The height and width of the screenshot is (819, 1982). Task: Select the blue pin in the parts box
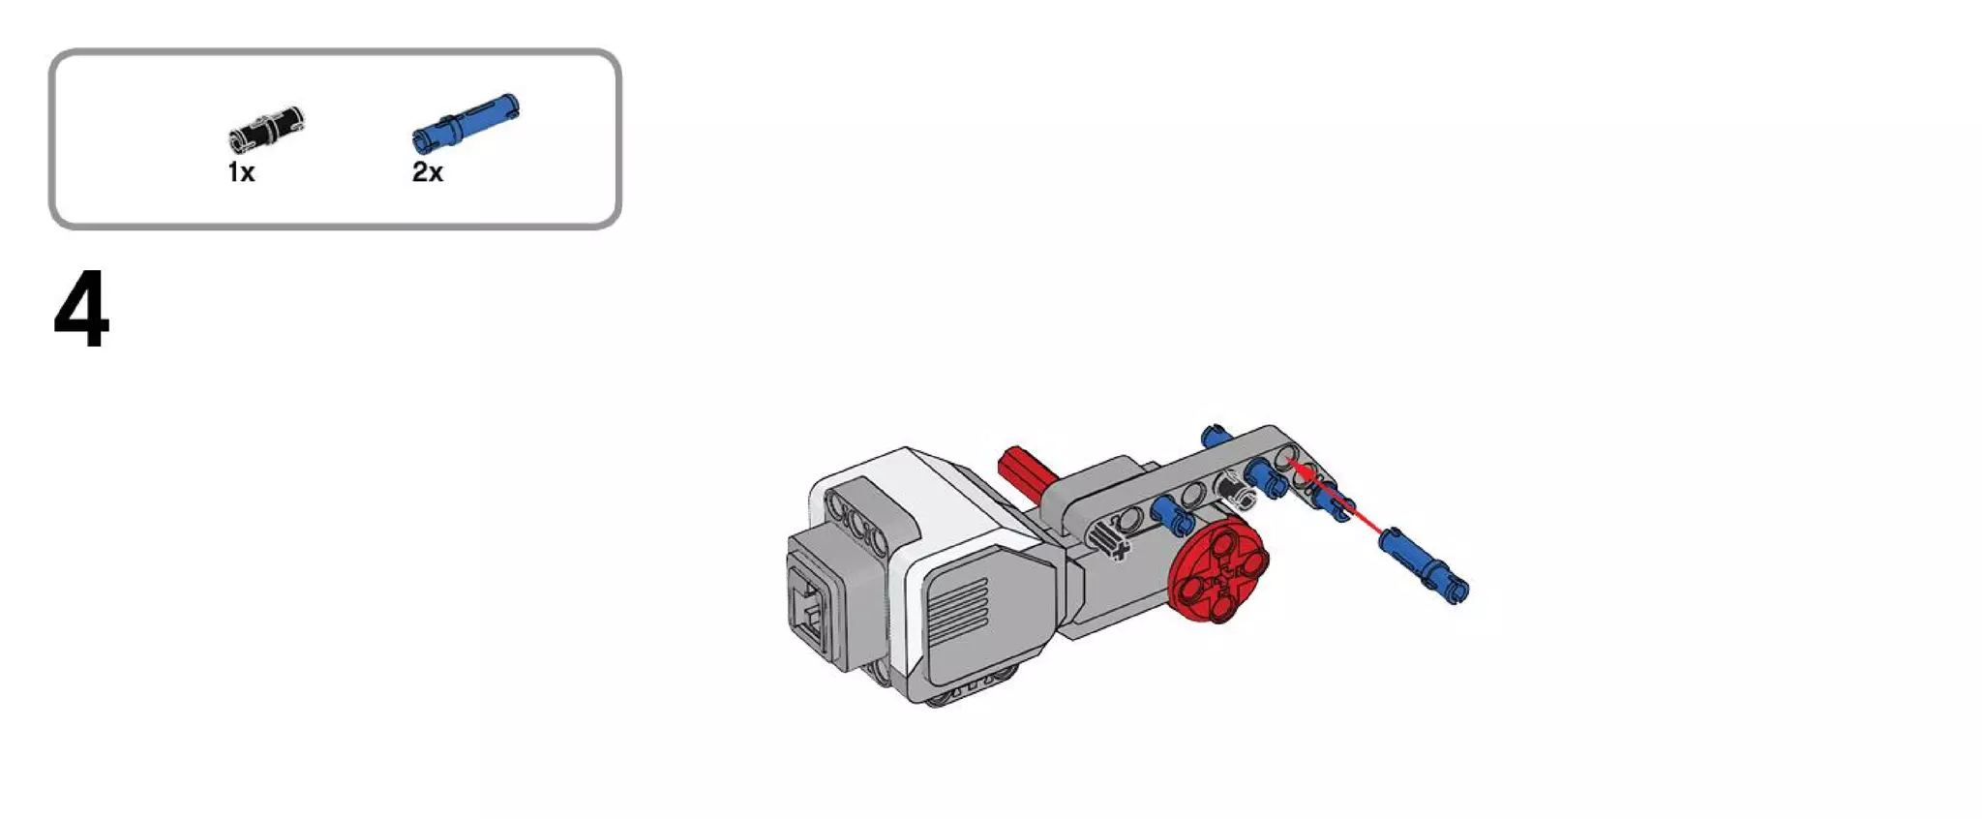click(465, 123)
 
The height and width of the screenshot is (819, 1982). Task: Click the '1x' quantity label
click(241, 172)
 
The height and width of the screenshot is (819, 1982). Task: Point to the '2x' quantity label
click(428, 172)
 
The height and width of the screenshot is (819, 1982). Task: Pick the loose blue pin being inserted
click(1424, 564)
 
